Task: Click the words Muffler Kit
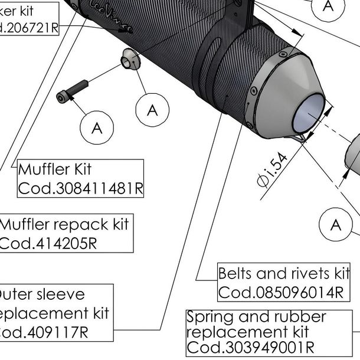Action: (55, 170)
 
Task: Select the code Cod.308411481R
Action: (81, 188)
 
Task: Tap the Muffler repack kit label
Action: (64, 225)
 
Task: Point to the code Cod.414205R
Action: (47, 243)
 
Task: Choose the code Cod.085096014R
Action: (280, 292)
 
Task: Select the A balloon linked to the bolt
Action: (97, 127)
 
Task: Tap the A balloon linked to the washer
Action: (152, 110)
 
